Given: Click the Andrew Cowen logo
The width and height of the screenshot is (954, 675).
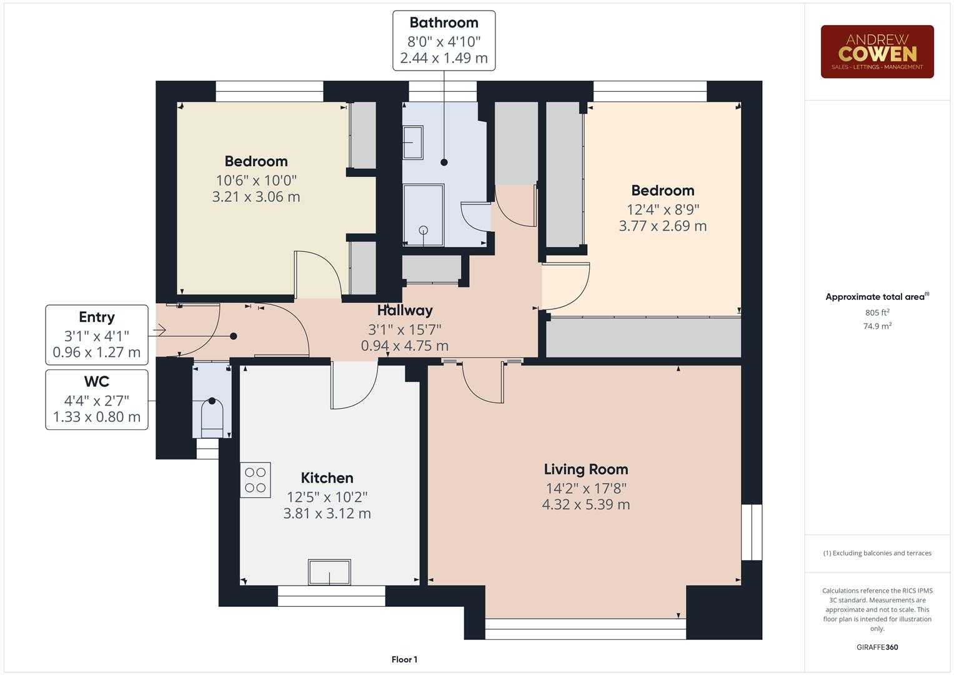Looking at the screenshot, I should (x=877, y=52).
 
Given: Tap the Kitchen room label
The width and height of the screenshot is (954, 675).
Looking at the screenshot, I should (x=327, y=478).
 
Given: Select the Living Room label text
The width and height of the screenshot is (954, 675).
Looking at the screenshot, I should (x=585, y=469).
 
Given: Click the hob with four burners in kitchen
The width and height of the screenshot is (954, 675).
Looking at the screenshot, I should (x=256, y=480).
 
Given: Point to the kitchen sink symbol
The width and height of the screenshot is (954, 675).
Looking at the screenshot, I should (x=329, y=572).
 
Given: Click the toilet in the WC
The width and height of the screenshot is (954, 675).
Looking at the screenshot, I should (x=212, y=415).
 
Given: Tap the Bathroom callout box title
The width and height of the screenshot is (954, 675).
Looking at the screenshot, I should (x=444, y=22).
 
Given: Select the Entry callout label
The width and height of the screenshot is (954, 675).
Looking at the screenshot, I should (x=96, y=317).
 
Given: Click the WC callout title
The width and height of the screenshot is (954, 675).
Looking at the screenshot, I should (x=96, y=382).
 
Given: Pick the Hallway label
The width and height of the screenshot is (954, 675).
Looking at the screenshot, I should (x=405, y=311).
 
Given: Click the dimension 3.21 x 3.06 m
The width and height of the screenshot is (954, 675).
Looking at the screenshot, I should (x=256, y=197).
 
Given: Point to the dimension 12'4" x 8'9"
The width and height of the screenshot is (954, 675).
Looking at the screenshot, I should (x=662, y=209).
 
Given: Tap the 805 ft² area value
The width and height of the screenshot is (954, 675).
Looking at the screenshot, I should (x=877, y=312).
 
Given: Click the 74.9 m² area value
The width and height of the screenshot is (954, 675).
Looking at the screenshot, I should (x=877, y=326).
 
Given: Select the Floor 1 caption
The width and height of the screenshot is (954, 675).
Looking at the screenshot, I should (x=404, y=659).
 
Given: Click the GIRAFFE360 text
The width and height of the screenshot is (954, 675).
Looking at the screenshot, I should (x=877, y=647).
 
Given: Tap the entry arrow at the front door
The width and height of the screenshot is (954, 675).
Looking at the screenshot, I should (x=159, y=329).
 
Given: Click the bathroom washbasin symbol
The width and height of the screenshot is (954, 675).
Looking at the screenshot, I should (x=413, y=142).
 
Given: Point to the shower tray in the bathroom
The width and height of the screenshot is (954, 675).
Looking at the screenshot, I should (x=424, y=214).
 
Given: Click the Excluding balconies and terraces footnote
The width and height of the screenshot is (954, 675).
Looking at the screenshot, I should (x=877, y=553).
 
